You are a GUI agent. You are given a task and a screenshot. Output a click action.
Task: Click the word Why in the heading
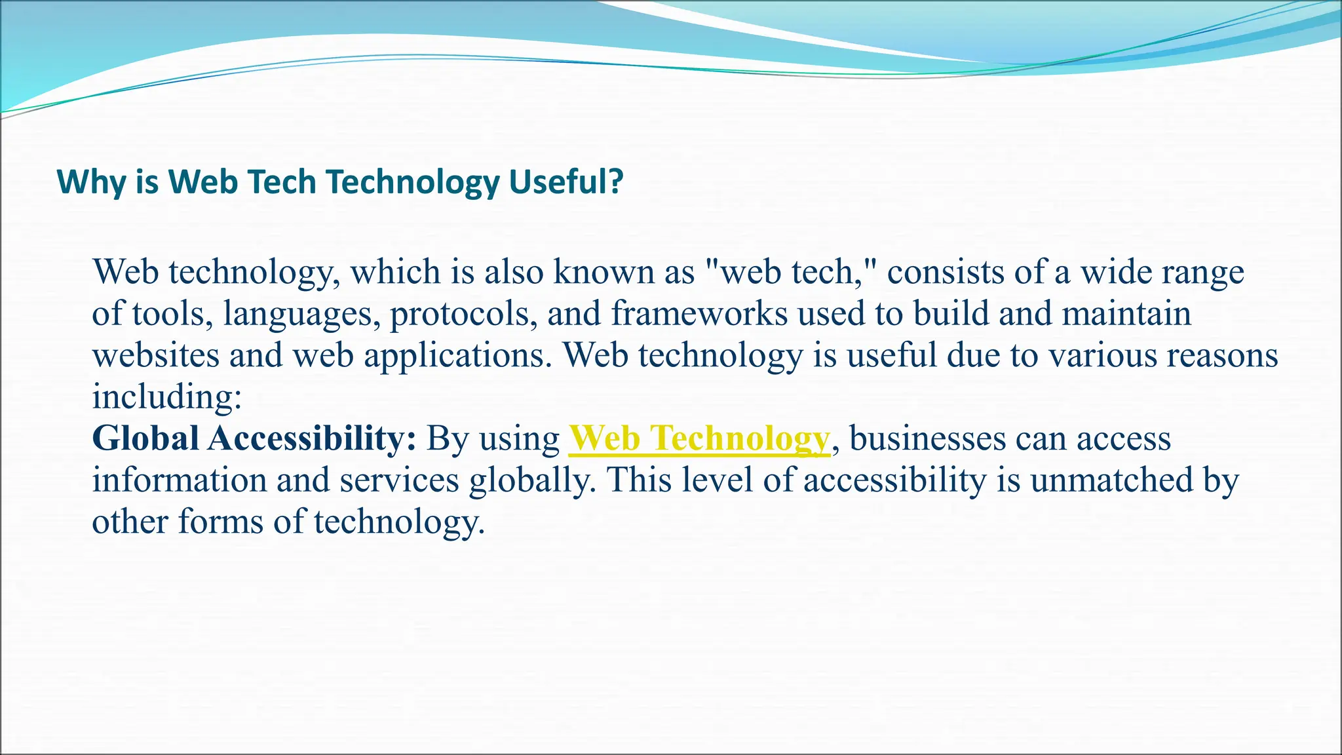coord(90,182)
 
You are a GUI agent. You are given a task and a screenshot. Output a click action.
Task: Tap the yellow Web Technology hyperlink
coord(699,438)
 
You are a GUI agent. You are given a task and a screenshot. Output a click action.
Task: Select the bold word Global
coord(145,438)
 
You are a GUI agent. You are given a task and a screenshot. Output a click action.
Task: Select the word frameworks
coord(699,314)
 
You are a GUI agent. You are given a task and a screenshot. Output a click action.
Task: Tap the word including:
coord(167,397)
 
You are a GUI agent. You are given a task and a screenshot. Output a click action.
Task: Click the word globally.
coord(532,480)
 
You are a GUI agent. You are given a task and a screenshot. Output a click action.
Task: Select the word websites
coord(155,356)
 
